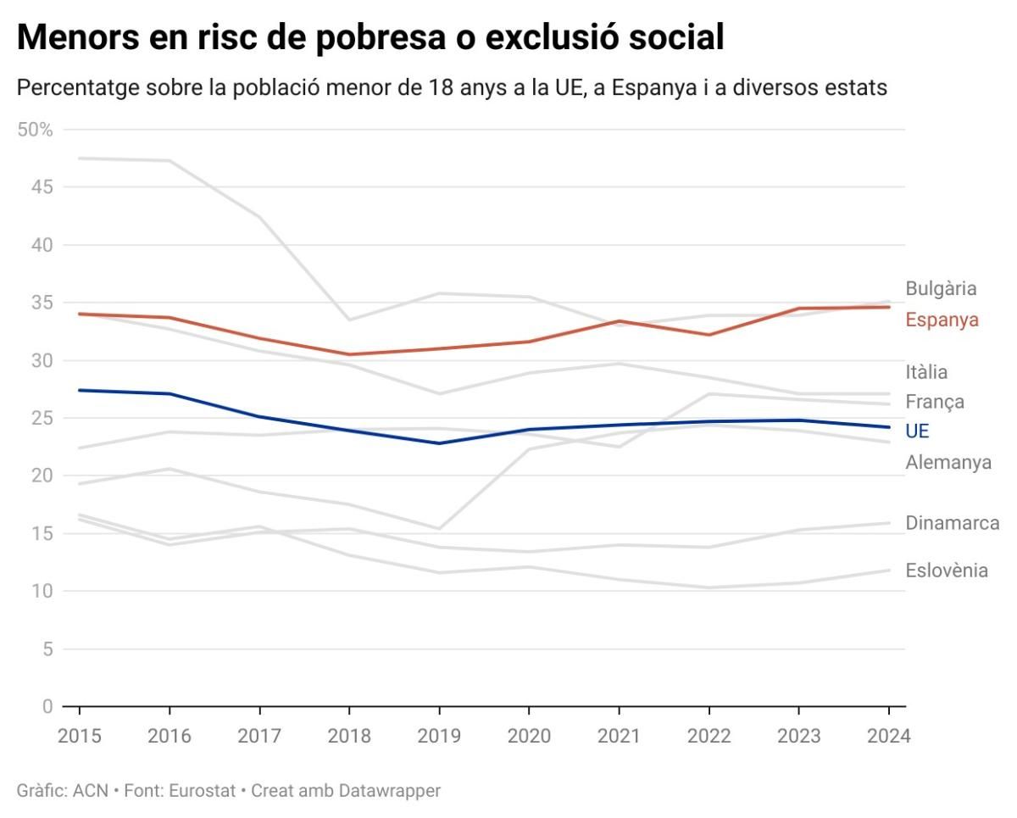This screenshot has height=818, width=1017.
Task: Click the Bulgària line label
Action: tap(941, 288)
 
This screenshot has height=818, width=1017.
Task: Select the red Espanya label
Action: tap(942, 320)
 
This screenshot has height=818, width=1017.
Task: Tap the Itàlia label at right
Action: tap(926, 371)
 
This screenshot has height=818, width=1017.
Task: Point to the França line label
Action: tap(935, 401)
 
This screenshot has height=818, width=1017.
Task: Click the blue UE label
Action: tap(917, 431)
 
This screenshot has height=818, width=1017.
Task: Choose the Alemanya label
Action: tap(948, 462)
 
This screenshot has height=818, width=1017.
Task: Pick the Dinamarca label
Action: tap(953, 522)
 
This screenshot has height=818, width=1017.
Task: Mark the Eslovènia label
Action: tap(947, 570)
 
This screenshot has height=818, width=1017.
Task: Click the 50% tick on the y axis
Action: tap(35, 130)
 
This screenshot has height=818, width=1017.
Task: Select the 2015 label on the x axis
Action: tap(80, 736)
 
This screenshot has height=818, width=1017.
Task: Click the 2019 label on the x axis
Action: tap(439, 736)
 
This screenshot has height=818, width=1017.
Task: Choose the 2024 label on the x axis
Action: tap(888, 736)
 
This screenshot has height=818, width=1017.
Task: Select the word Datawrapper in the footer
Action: tap(390, 791)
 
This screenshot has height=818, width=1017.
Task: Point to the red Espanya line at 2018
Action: tap(349, 354)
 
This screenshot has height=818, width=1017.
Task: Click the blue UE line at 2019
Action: tap(439, 443)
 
